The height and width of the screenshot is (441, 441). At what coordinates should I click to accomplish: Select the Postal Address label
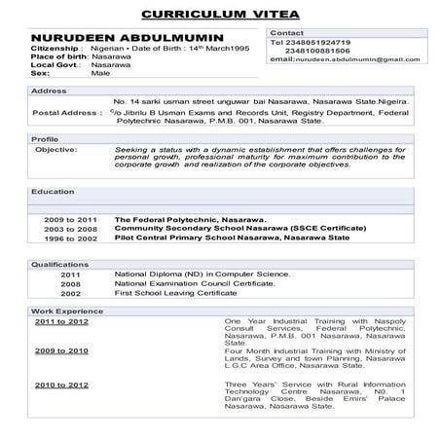tap(66, 113)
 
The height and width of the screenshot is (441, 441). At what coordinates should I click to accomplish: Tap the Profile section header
tap(45, 139)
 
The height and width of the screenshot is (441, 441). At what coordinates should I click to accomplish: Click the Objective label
tap(55, 151)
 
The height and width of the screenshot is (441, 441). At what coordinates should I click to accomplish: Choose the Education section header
tap(53, 192)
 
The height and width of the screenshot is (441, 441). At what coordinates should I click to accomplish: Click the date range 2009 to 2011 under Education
tap(70, 221)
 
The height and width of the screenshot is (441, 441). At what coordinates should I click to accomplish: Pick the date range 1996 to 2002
tap(70, 239)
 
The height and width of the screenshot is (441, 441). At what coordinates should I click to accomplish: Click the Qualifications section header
tap(59, 264)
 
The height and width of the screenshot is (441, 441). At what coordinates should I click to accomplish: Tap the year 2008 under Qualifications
tap(71, 283)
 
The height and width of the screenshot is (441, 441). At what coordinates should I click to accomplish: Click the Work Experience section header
tap(64, 310)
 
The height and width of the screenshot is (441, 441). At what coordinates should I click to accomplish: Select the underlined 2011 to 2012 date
tap(61, 320)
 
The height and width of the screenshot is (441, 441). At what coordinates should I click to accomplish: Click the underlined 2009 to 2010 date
tap(61, 350)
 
